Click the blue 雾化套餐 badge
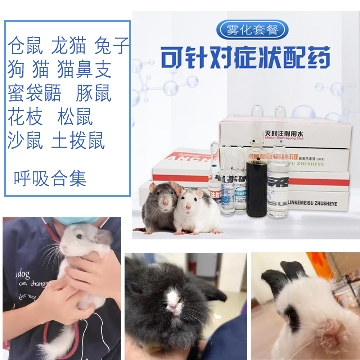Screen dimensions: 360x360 252,30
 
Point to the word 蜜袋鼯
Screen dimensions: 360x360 35,94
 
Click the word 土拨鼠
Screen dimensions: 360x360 78,140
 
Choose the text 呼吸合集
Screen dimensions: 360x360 50,179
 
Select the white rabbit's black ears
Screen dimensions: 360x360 284,275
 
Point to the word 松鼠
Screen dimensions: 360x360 75,117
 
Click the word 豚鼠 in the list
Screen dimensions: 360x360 93,94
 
